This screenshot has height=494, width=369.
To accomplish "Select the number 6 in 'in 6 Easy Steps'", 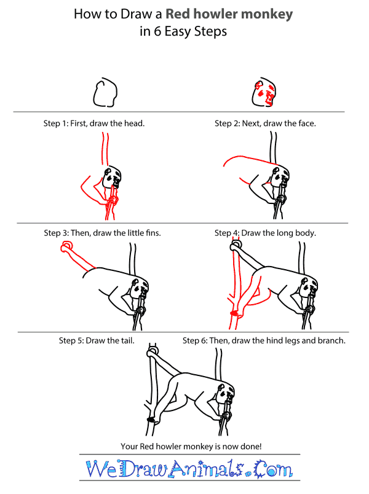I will click(x=159, y=32).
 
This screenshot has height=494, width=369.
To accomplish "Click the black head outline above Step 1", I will click(x=105, y=94).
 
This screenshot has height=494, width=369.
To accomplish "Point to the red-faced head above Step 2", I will click(x=265, y=94).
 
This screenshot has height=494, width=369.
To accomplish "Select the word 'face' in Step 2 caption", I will click(x=291, y=123).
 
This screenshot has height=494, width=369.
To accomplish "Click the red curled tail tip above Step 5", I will click(x=65, y=248).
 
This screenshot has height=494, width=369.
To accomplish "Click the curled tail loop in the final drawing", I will click(x=152, y=353).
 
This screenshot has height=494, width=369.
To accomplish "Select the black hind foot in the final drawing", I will click(x=149, y=420).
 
